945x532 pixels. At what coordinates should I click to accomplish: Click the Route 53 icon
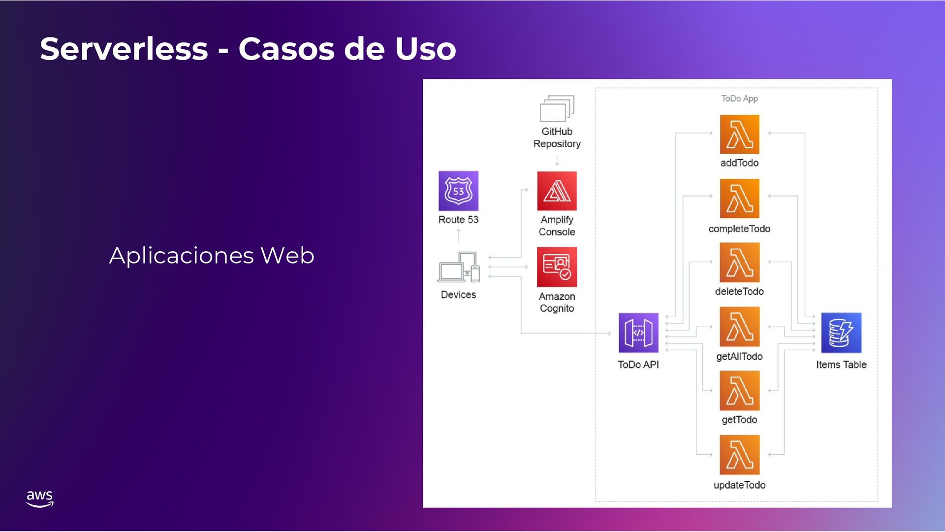click(458, 191)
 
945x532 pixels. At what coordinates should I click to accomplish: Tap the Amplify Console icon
click(557, 191)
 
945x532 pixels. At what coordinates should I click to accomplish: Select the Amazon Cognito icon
click(557, 266)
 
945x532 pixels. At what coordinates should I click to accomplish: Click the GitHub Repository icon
click(557, 108)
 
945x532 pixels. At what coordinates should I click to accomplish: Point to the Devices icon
click(458, 267)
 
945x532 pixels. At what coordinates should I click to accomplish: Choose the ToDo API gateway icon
click(638, 332)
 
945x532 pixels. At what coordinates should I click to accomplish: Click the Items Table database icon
click(841, 332)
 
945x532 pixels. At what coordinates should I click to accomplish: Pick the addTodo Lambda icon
click(739, 134)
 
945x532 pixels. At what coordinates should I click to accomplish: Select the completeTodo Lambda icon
click(739, 198)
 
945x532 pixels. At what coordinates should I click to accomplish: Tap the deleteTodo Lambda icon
click(739, 262)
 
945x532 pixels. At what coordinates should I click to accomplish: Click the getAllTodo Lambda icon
click(739, 326)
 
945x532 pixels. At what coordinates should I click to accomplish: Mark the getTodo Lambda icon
click(739, 391)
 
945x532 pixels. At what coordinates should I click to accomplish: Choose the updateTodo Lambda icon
click(739, 455)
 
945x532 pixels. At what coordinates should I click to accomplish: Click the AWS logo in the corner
click(39, 498)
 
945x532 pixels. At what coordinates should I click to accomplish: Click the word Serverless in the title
click(124, 49)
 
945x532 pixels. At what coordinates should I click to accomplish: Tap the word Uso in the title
click(425, 49)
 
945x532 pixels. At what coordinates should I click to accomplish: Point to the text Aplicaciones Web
click(212, 255)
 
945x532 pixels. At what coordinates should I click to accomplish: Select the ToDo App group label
click(739, 99)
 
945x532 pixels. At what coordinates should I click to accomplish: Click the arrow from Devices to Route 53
click(459, 235)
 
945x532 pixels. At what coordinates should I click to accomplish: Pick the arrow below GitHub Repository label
click(557, 160)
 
